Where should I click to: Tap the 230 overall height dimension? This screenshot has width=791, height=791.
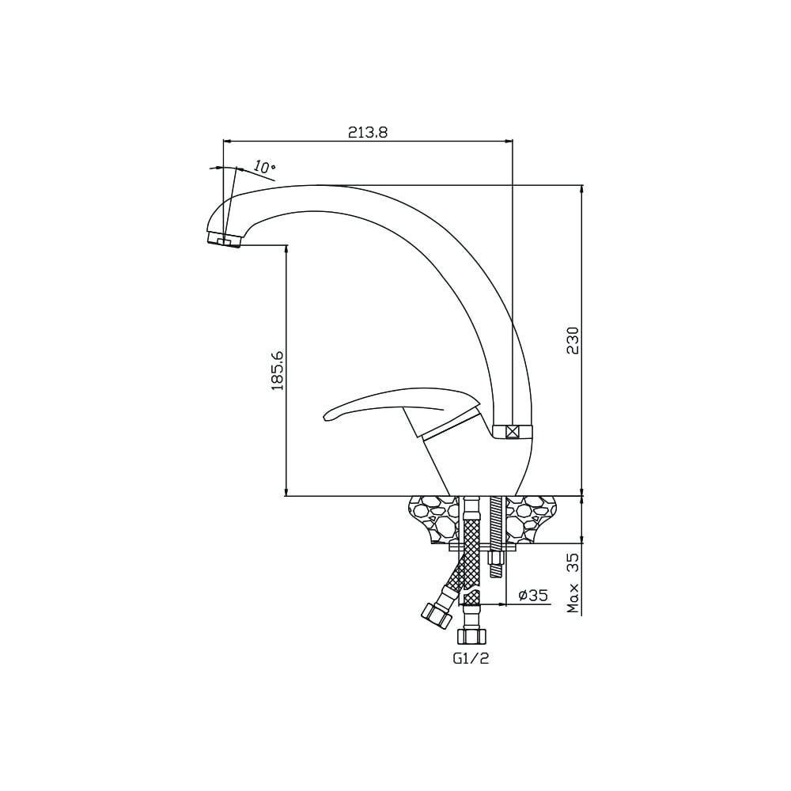(573, 340)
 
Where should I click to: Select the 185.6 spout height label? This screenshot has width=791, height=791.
(278, 371)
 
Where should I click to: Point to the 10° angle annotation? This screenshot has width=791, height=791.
(264, 168)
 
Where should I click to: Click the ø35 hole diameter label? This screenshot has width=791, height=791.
(532, 596)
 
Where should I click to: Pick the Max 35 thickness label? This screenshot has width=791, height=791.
(573, 583)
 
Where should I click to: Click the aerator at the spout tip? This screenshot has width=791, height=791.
(225, 239)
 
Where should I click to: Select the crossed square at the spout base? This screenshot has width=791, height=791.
(513, 432)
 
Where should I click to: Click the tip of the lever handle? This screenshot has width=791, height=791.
(324, 417)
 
